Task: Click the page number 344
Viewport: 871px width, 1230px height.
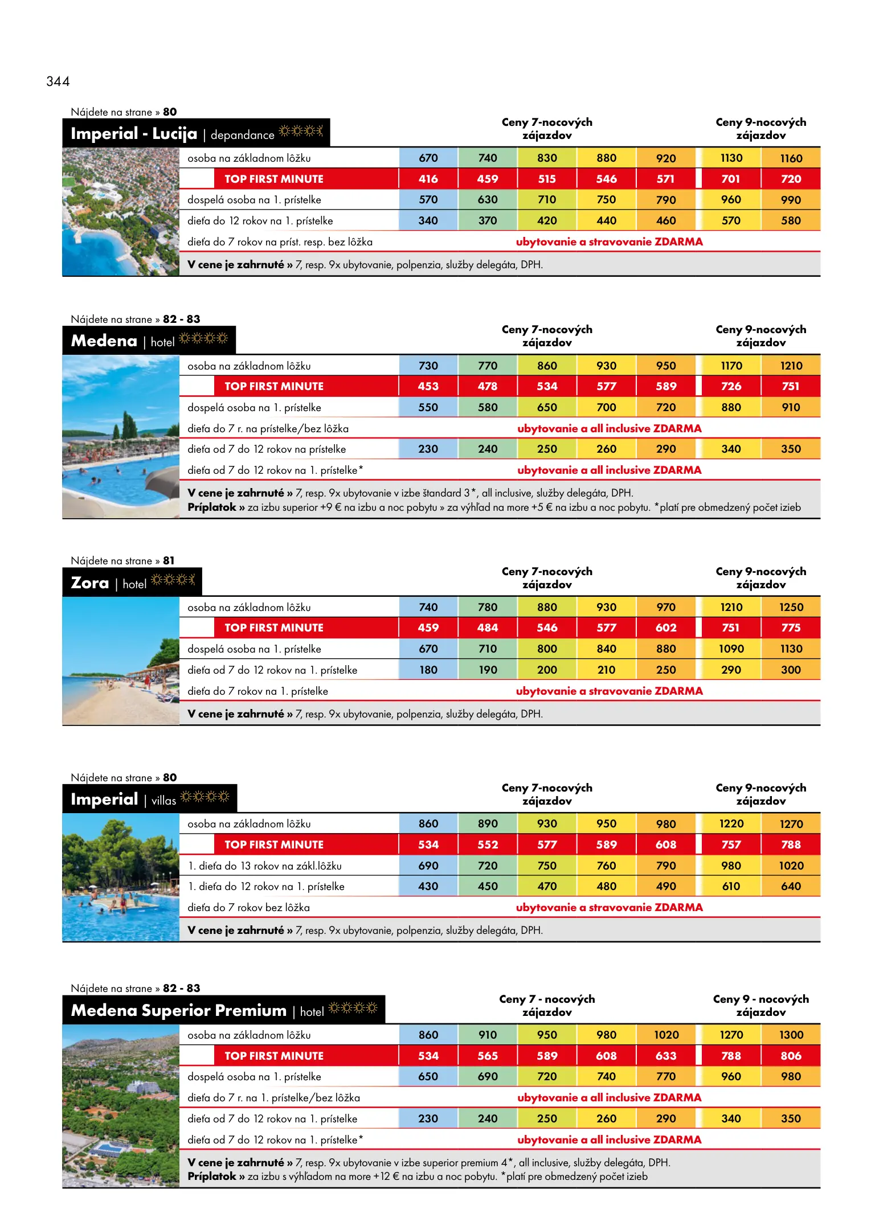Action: [58, 81]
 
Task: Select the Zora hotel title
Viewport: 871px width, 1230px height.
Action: [90, 583]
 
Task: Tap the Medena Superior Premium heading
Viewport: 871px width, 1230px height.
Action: [178, 1011]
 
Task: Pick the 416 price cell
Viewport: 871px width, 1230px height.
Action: [428, 179]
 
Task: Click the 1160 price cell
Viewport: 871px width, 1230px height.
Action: [791, 158]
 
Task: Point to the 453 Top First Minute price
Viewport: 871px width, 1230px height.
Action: [428, 386]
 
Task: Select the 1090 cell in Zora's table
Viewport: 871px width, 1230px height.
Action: [731, 649]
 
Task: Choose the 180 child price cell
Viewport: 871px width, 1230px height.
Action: [428, 670]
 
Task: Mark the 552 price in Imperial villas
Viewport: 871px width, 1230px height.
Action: [488, 844]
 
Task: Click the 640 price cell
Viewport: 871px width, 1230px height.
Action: [791, 887]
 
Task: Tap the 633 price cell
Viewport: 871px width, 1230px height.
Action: [665, 1056]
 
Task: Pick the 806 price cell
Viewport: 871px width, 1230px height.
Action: [791, 1056]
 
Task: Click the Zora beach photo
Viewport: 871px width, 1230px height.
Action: [121, 661]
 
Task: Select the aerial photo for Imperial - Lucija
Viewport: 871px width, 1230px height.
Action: [121, 212]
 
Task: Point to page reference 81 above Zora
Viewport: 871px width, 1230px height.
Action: [169, 561]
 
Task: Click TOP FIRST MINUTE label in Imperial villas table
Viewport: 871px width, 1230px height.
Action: [273, 844]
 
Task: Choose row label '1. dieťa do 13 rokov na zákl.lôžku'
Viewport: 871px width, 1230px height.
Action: [265, 866]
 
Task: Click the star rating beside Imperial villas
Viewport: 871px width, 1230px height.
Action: [205, 797]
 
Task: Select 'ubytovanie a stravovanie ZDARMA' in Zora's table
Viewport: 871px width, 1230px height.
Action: [609, 691]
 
